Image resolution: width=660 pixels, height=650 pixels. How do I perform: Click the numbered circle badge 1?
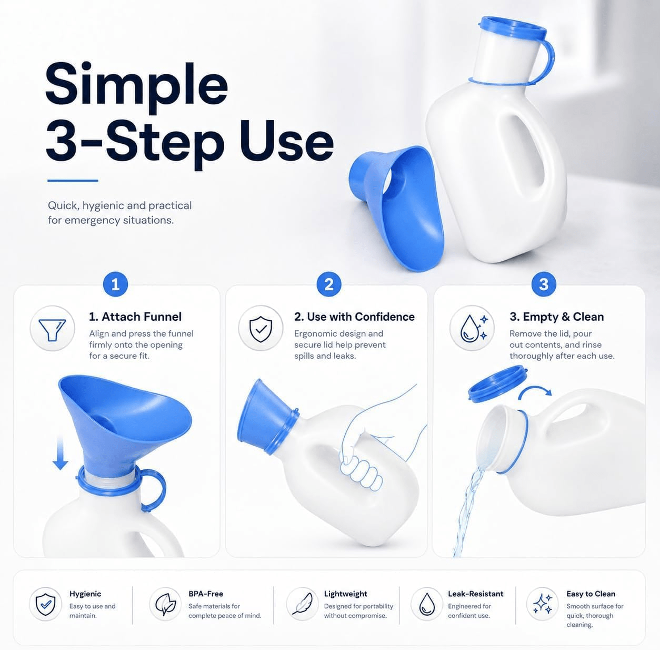115,284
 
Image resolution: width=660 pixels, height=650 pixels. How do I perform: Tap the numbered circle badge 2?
329,284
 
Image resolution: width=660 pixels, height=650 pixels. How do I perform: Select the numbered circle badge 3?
544,284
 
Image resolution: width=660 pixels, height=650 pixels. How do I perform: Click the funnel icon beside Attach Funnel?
52,328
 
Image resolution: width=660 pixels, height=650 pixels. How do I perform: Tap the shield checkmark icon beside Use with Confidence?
261,328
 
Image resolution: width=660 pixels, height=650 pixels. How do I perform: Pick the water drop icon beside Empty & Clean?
472,328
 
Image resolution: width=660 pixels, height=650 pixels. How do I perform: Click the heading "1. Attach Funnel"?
135,317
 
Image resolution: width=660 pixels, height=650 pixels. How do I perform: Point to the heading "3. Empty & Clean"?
556,317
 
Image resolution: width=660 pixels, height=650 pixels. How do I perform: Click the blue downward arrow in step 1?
61,453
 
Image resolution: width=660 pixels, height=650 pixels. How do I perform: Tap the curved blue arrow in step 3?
534,392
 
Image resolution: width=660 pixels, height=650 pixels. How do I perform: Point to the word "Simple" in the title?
137,85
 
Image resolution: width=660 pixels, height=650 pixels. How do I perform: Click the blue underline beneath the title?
73,180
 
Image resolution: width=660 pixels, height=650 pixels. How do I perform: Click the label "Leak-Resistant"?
475,594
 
